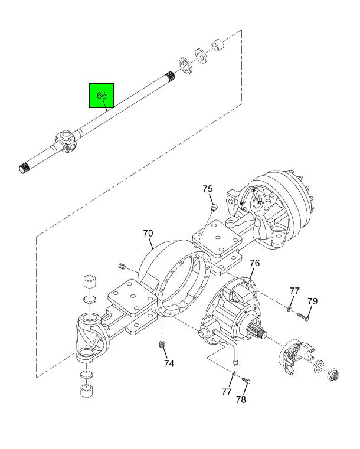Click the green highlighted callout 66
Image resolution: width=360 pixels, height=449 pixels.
pos(101,95)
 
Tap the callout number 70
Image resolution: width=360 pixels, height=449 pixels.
pos(148,233)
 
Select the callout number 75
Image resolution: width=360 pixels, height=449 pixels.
pos(207,189)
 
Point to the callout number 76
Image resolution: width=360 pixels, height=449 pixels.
pos(255,263)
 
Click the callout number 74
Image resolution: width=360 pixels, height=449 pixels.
pos(169,363)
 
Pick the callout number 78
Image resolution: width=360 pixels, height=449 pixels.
pos(241,399)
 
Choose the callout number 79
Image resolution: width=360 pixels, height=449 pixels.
pos(312,301)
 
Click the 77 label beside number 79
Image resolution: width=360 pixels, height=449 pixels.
pos(294,291)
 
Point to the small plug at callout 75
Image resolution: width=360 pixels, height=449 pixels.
pos(214,207)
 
